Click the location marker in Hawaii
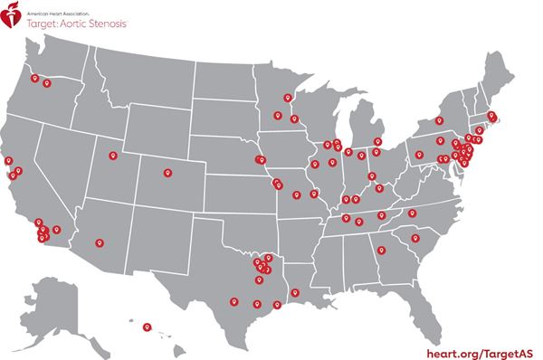point(147,326)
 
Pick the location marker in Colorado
point(166,172)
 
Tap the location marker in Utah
point(113,155)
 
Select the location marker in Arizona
point(99,242)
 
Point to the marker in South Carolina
point(415,238)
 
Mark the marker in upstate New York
point(441,119)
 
